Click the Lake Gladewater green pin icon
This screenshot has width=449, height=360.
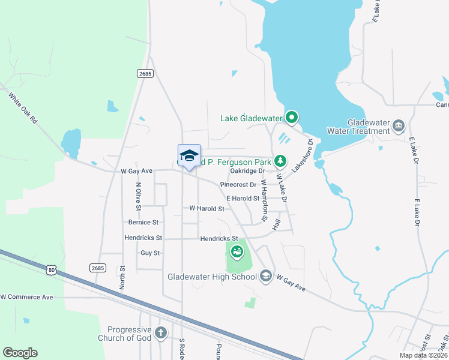pyautogui.click(x=292, y=118)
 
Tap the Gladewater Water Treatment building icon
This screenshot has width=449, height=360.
pyautogui.click(x=399, y=125)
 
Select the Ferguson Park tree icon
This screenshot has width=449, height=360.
pyautogui.click(x=280, y=161)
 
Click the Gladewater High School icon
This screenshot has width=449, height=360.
pyautogui.click(x=266, y=276)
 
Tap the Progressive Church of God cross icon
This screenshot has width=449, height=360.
pyautogui.click(x=160, y=332)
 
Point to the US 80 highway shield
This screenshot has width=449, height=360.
pyautogui.click(x=52, y=271)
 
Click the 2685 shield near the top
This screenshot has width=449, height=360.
pyautogui.click(x=145, y=74)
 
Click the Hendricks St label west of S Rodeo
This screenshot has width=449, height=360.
pyautogui.click(x=143, y=238)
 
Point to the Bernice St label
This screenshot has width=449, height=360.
pyautogui.click(x=143, y=222)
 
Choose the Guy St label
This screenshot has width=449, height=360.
pyautogui.click(x=149, y=253)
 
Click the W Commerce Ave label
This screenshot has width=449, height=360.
pyautogui.click(x=26, y=297)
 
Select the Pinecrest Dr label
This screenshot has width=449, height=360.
pyautogui.click(x=238, y=185)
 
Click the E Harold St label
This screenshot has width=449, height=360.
pyautogui.click(x=243, y=198)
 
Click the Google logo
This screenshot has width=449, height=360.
pyautogui.click(x=20, y=353)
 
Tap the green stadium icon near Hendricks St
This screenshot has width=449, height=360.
pyautogui.click(x=237, y=251)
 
